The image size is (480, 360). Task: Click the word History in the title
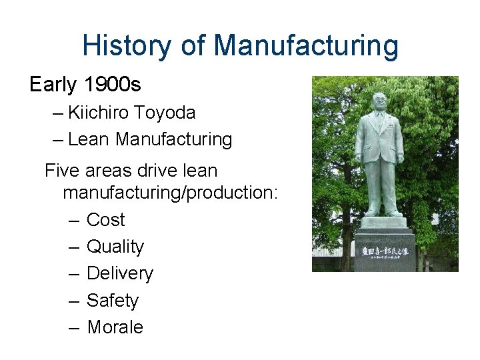[x=125, y=46]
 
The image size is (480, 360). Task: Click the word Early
[x=54, y=85]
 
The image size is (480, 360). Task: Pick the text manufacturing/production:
[x=170, y=193]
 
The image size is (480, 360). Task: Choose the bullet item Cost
[x=105, y=220]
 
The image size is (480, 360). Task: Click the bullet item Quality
[x=115, y=247]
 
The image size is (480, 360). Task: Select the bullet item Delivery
[x=120, y=273]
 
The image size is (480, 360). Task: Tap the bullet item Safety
[x=113, y=301]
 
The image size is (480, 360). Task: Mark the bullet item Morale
[x=115, y=327]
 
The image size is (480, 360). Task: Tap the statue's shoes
[x=381, y=213]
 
